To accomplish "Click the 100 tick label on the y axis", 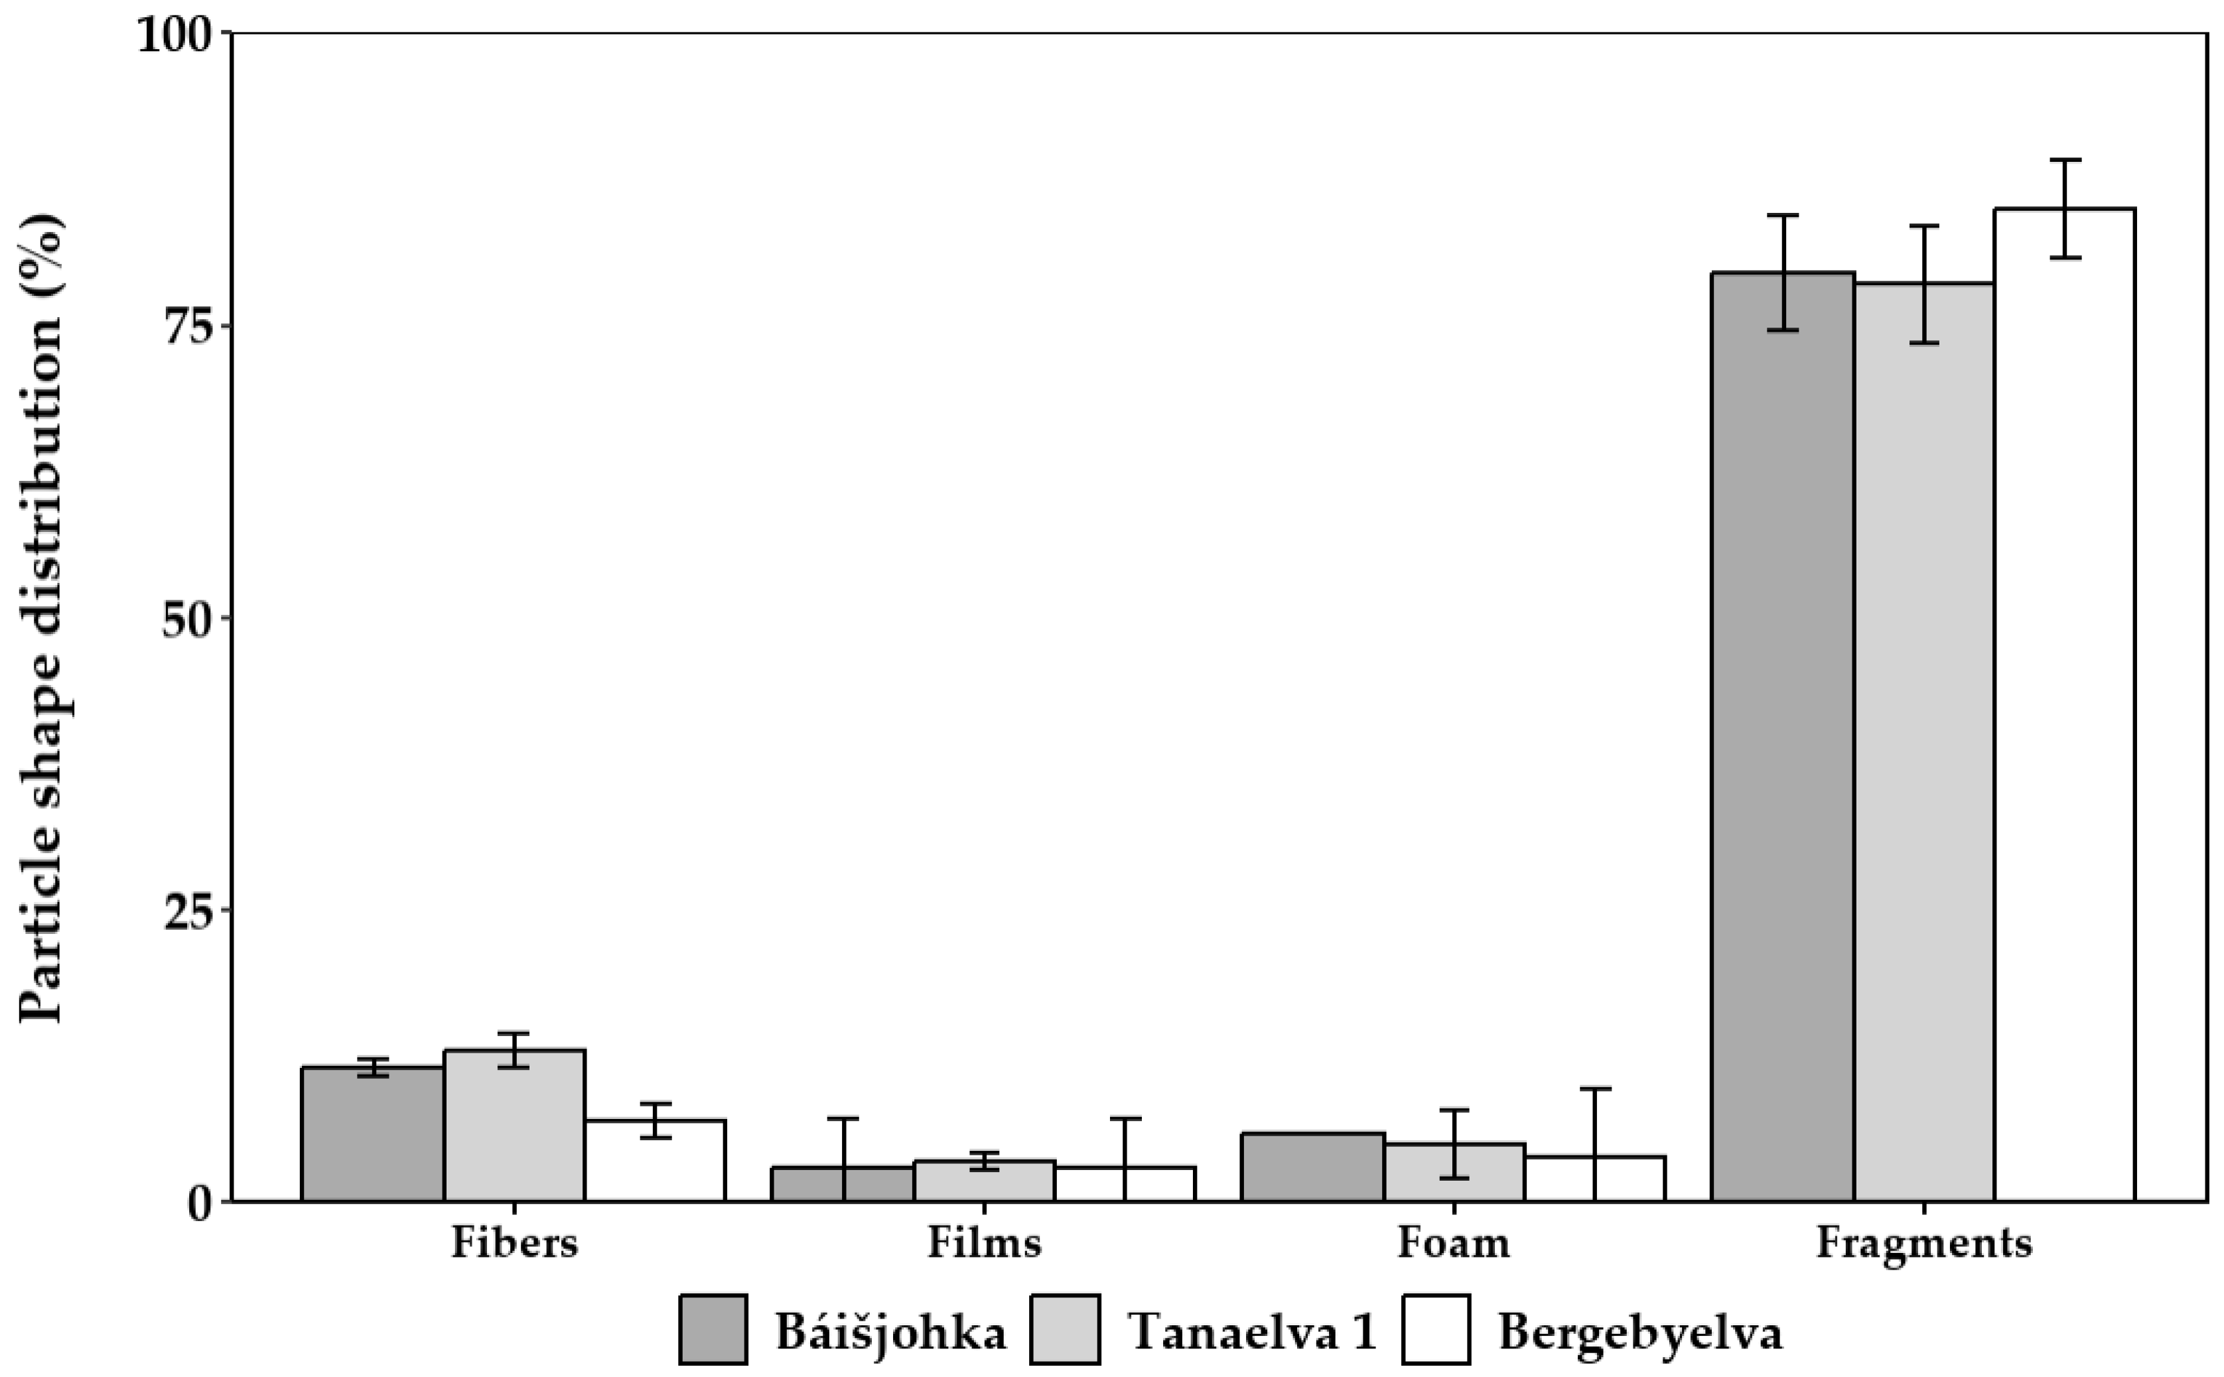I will tap(180, 36).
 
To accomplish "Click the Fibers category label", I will tap(514, 1243).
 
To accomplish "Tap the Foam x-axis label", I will tap(1454, 1243).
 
